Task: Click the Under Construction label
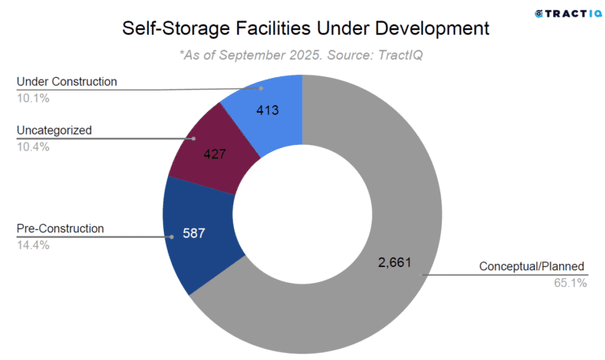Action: click(x=66, y=81)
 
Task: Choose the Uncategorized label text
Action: click(x=54, y=130)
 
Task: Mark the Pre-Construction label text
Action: click(x=60, y=228)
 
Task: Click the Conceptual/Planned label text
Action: click(x=533, y=266)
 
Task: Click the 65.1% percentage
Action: click(x=571, y=282)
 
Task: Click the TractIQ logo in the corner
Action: click(x=562, y=13)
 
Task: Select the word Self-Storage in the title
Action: click(x=174, y=28)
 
